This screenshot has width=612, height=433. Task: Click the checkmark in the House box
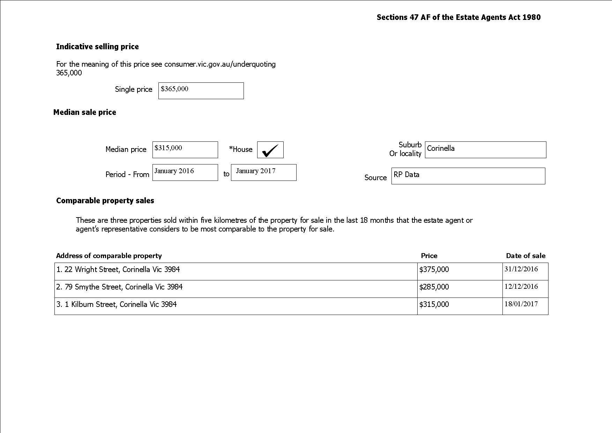(270, 150)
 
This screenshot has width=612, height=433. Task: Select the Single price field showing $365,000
(201, 90)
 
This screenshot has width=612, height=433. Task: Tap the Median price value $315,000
(185, 149)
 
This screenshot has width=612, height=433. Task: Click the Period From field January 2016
(185, 172)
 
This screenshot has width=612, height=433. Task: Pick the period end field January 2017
(263, 172)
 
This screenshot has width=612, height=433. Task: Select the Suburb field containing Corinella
(485, 149)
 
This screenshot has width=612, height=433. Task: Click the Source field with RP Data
(468, 176)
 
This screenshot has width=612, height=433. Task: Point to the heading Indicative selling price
(97, 47)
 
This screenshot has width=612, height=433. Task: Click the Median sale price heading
(85, 112)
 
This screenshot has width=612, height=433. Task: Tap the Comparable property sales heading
(105, 201)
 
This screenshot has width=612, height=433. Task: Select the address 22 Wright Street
(118, 270)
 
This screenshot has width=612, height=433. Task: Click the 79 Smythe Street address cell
(120, 287)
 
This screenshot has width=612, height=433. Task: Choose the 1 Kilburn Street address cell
(117, 304)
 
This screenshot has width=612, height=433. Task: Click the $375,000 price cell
(434, 270)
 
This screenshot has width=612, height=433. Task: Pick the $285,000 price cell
(434, 287)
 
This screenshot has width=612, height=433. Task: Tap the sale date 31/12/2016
(521, 269)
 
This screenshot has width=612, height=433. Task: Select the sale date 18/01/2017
(521, 304)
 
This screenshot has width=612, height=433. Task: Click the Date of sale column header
(525, 256)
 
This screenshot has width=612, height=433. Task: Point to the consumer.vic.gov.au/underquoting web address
(220, 64)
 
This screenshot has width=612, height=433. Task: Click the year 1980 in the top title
(531, 17)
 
